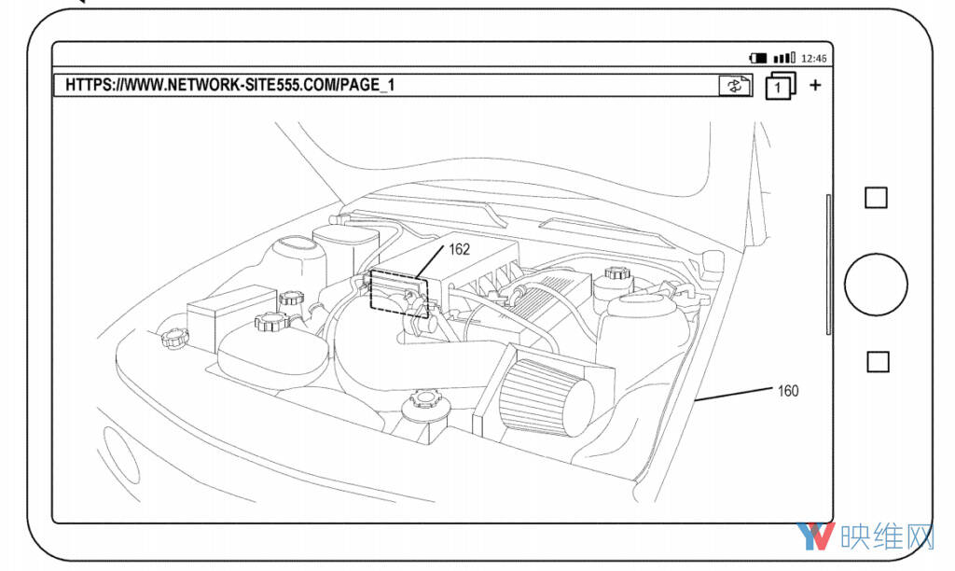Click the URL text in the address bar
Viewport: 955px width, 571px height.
(x=229, y=85)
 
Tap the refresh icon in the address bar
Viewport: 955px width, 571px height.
(x=735, y=85)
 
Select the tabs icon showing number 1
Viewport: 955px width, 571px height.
(x=781, y=86)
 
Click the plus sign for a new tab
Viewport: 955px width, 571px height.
(x=815, y=85)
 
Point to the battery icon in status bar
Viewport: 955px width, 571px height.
(x=758, y=58)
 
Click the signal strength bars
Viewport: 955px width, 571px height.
(x=783, y=58)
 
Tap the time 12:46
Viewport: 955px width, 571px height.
(x=813, y=59)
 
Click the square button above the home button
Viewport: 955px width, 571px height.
(x=876, y=198)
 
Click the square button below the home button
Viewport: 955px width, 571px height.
(x=877, y=361)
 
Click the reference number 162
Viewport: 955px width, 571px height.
(x=459, y=249)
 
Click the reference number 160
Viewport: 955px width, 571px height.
(x=787, y=391)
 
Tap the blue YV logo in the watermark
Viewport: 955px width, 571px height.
(x=815, y=536)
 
